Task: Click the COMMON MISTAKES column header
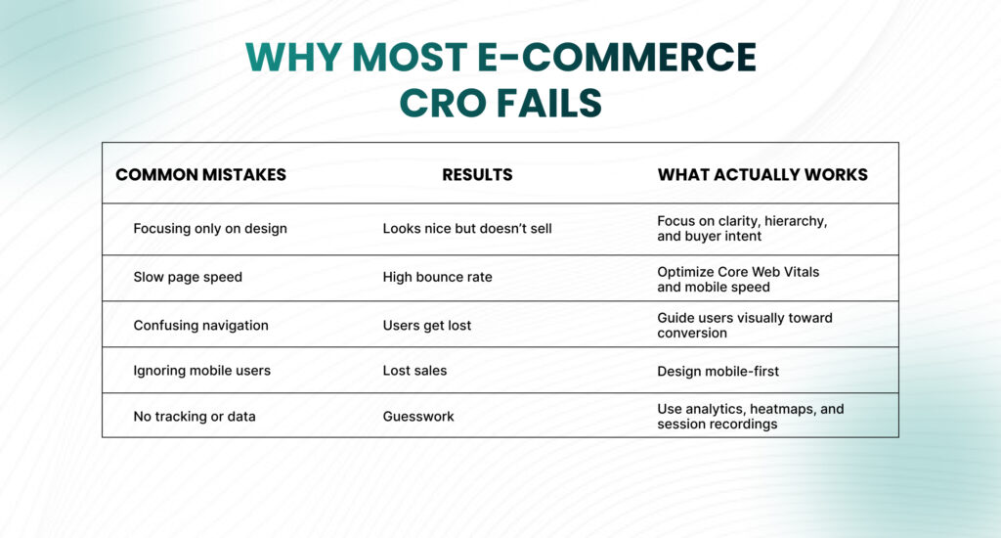(x=200, y=175)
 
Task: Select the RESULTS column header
(x=477, y=175)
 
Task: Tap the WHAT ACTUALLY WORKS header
(x=762, y=175)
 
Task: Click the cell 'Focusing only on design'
(x=210, y=229)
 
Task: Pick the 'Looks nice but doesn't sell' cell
(x=467, y=229)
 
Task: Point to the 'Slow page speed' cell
(x=188, y=277)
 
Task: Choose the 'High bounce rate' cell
(x=437, y=277)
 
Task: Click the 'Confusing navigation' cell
(x=200, y=325)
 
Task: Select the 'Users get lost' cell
(x=426, y=325)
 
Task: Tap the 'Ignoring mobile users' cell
(x=201, y=371)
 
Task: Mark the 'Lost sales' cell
(x=414, y=371)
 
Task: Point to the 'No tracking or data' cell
(x=195, y=417)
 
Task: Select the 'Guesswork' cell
(x=418, y=417)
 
